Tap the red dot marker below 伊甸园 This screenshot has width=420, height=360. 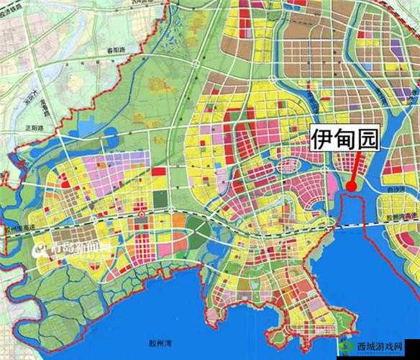(351, 186)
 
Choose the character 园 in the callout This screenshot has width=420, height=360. (367, 138)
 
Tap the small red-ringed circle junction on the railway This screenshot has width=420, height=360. (145, 215)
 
